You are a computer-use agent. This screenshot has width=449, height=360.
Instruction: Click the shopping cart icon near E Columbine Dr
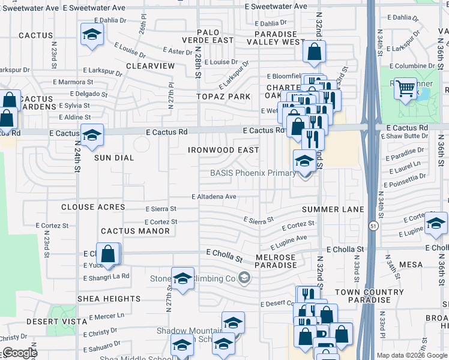406,89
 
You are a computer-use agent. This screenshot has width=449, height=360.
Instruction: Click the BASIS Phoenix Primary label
253,173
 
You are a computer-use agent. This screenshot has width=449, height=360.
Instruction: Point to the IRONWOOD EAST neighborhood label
223,150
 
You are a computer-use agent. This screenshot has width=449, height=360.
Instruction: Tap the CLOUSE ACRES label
93,207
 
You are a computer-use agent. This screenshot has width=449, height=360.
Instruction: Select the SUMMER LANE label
333,209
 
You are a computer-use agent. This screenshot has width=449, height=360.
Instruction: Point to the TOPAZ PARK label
224,96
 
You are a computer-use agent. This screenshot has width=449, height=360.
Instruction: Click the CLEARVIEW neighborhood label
150,65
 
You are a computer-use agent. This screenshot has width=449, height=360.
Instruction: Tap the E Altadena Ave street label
214,196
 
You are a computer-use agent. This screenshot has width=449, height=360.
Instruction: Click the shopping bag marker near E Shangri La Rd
108,254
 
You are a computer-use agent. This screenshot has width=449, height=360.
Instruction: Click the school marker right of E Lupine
436,224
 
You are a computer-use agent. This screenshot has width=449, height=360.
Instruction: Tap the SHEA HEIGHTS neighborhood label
109,298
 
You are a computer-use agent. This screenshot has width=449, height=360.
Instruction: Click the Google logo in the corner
20,353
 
